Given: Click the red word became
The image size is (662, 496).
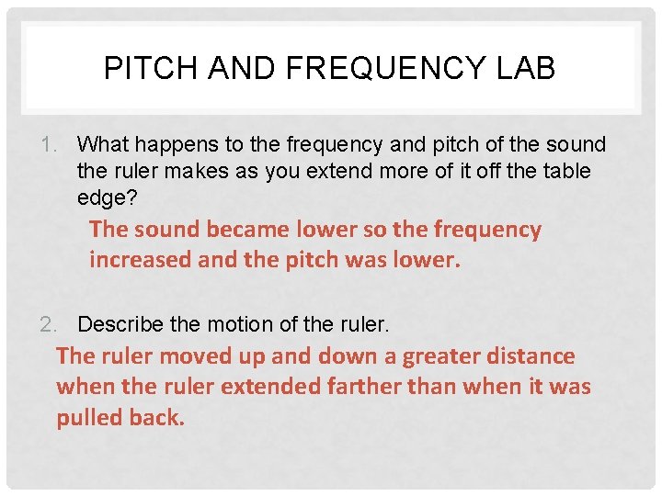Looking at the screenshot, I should click(x=245, y=229).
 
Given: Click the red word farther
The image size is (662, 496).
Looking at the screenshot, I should click(x=365, y=387).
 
